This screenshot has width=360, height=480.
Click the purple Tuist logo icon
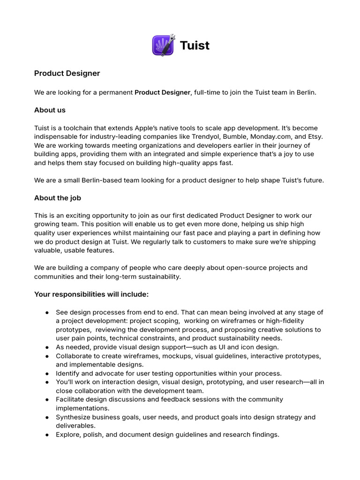click(x=163, y=45)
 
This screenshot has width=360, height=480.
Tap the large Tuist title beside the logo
click(x=195, y=46)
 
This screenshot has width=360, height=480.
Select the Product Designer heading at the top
click(x=67, y=74)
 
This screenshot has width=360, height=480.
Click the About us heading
click(x=50, y=110)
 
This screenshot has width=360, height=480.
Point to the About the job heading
click(x=58, y=198)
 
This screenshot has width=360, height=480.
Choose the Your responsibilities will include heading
click(x=91, y=294)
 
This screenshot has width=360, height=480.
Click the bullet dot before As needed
click(x=47, y=347)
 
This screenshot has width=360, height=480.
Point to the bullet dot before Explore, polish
click(x=47, y=435)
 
